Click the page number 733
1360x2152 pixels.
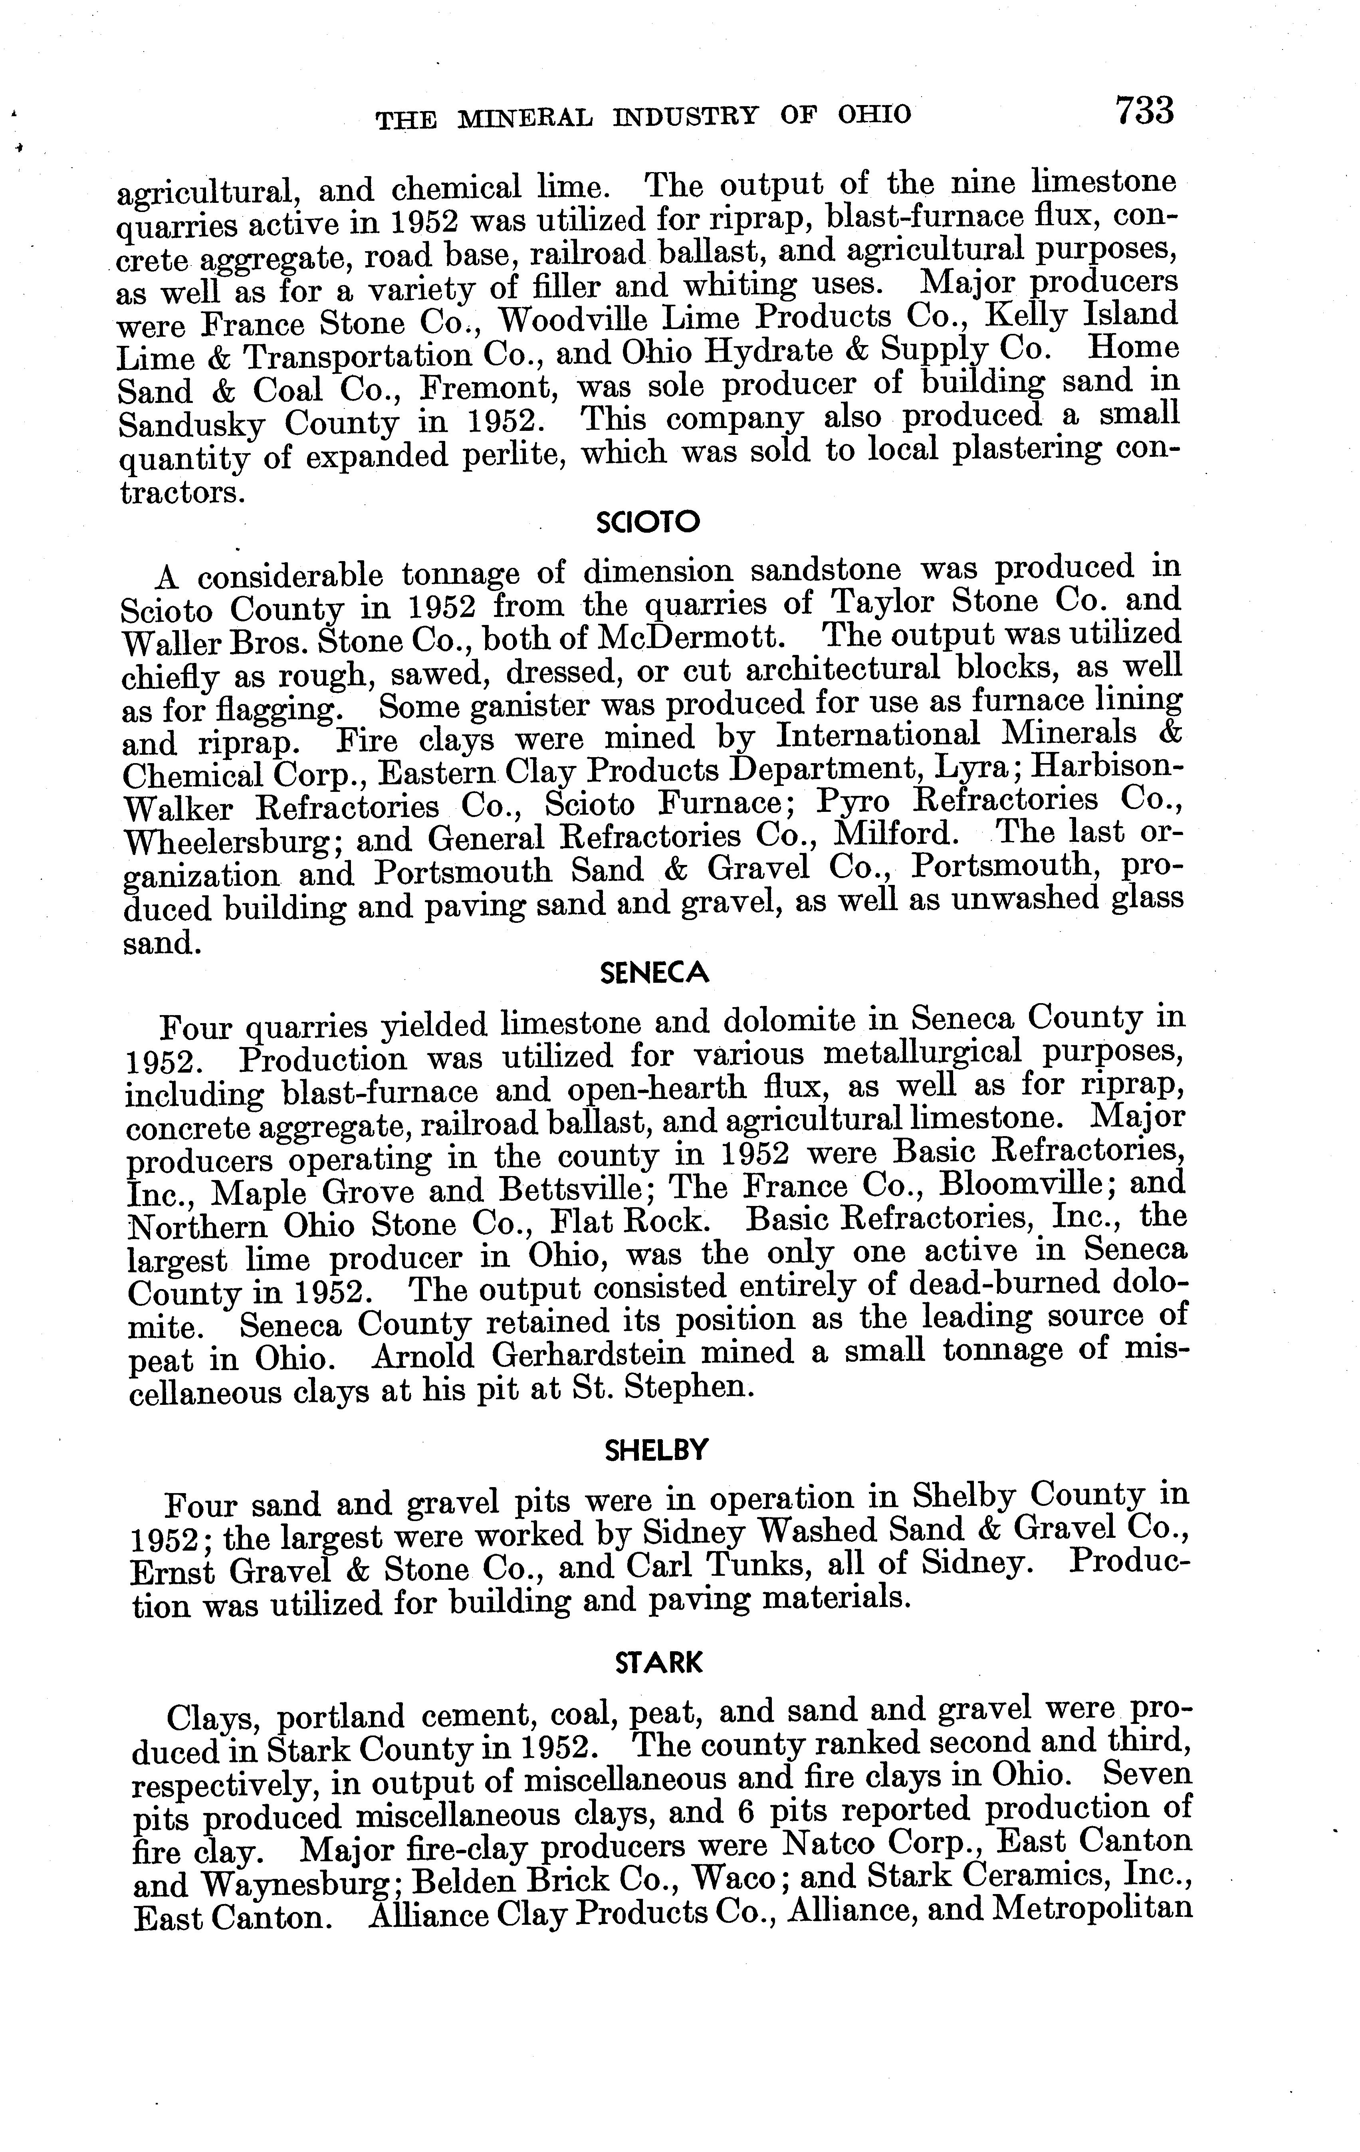coord(1143,112)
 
